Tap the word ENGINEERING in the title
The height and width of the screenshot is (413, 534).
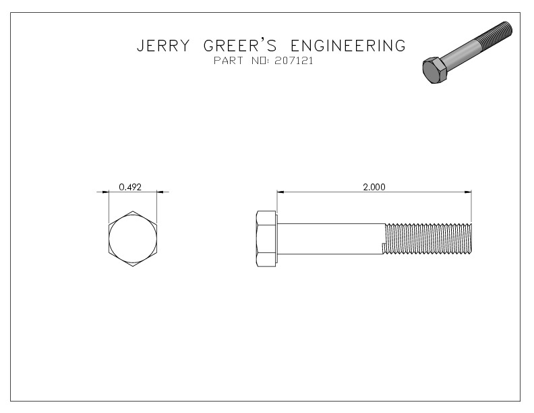point(348,46)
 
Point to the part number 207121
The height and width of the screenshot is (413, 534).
point(295,61)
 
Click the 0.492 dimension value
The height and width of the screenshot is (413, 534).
point(129,187)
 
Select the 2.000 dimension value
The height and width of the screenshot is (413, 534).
point(374,187)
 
